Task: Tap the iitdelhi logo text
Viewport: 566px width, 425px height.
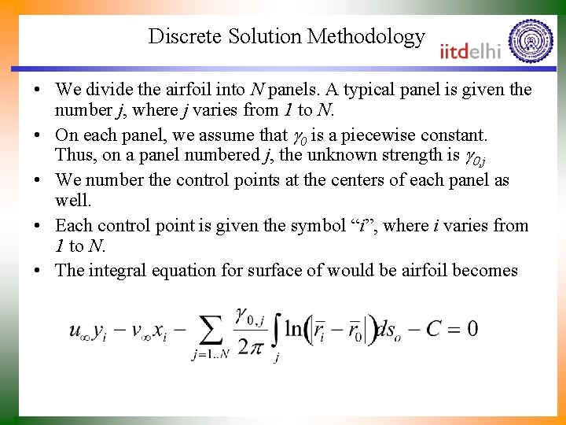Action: pyautogui.click(x=470, y=50)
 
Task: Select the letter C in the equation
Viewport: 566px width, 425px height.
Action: pyautogui.click(x=433, y=329)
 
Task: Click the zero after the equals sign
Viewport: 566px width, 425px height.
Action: pyautogui.click(x=472, y=329)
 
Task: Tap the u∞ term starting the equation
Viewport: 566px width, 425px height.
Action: pyautogui.click(x=79, y=331)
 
